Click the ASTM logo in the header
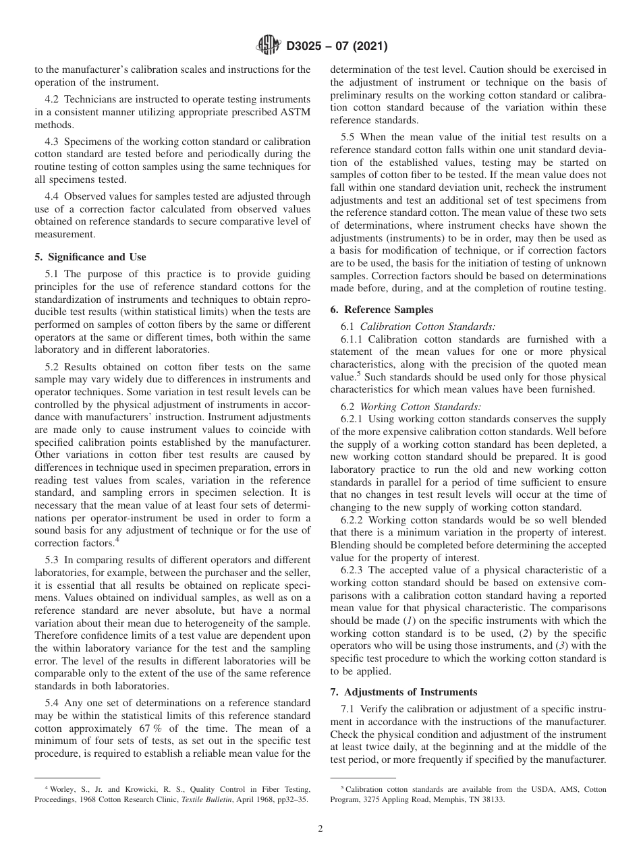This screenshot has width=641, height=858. (x=268, y=47)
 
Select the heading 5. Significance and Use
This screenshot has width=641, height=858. (x=90, y=257)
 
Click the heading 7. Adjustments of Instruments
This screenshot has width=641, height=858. (x=403, y=692)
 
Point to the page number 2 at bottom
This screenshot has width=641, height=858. (x=320, y=829)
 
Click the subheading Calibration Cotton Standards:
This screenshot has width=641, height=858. (x=428, y=326)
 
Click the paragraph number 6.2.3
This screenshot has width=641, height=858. (x=354, y=571)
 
